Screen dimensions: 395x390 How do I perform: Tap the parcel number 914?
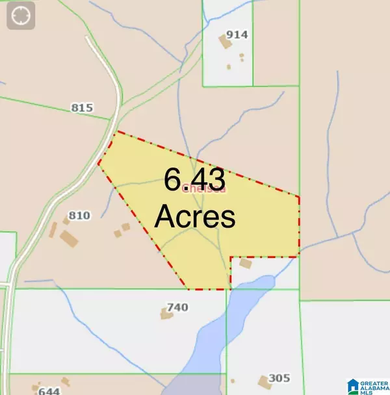click(237, 35)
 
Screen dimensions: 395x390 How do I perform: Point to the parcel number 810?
click(79, 216)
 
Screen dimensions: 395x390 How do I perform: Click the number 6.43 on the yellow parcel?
click(194, 179)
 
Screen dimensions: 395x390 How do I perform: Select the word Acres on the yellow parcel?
click(194, 216)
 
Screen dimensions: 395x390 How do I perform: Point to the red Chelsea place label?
click(204, 189)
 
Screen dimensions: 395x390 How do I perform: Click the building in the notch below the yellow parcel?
click(245, 264)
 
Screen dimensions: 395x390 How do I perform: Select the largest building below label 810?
click(69, 238)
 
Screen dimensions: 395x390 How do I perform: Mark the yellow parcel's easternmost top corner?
click(298, 196)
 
